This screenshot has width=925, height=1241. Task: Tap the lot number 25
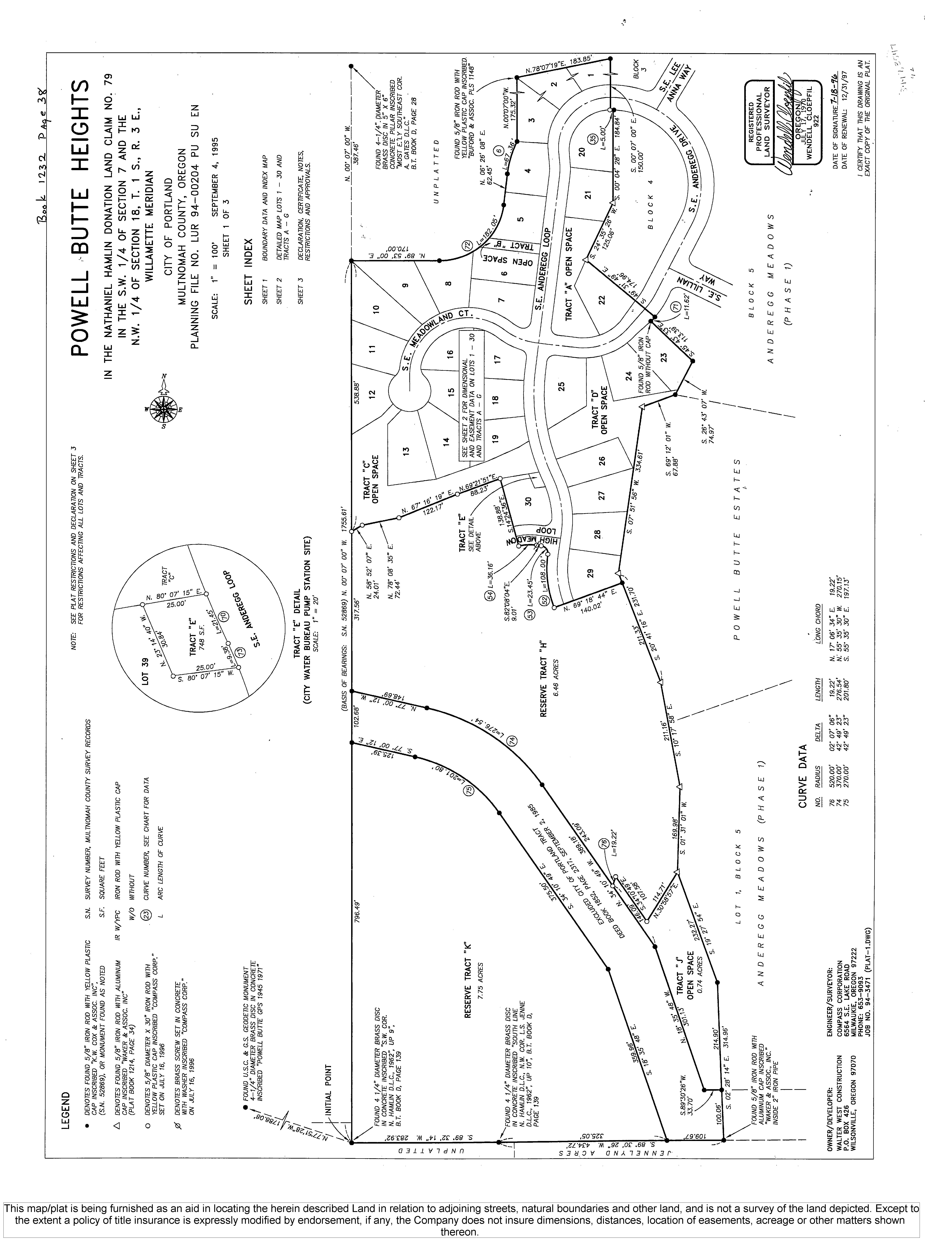(x=562, y=387)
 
